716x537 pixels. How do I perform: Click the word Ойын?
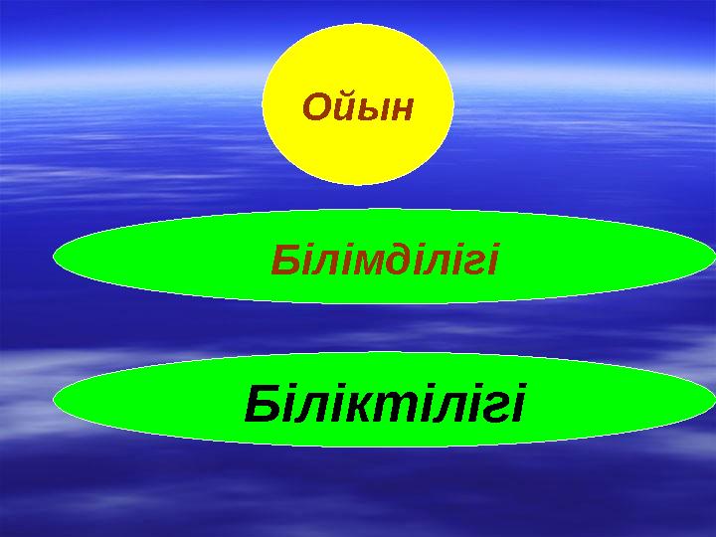[x=357, y=105]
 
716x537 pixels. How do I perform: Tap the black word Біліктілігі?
[x=384, y=404]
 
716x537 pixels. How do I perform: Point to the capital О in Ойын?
[x=317, y=105]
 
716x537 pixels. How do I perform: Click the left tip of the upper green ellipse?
[x=54, y=257]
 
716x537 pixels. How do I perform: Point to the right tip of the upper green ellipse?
[x=713, y=257]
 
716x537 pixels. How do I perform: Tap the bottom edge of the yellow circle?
[x=357, y=185]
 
